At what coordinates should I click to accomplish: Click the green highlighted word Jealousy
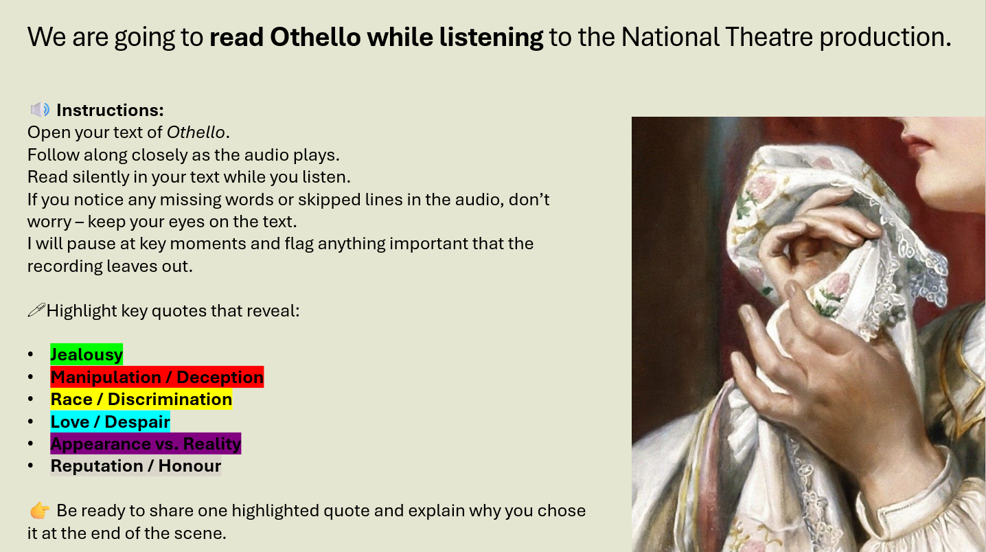pos(87,355)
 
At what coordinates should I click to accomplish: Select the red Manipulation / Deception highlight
pos(157,378)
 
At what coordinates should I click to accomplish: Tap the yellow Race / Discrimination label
pos(141,400)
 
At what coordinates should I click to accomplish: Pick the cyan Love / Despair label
pos(110,422)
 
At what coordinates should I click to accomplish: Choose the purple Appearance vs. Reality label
pos(146,444)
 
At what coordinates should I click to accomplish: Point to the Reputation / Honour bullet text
pos(136,466)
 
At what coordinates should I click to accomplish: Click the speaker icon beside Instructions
pos(40,110)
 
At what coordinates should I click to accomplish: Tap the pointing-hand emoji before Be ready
pos(40,511)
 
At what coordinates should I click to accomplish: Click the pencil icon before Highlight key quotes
pos(36,311)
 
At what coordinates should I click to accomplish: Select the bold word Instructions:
pos(110,110)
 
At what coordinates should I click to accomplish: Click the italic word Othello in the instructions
pos(196,133)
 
